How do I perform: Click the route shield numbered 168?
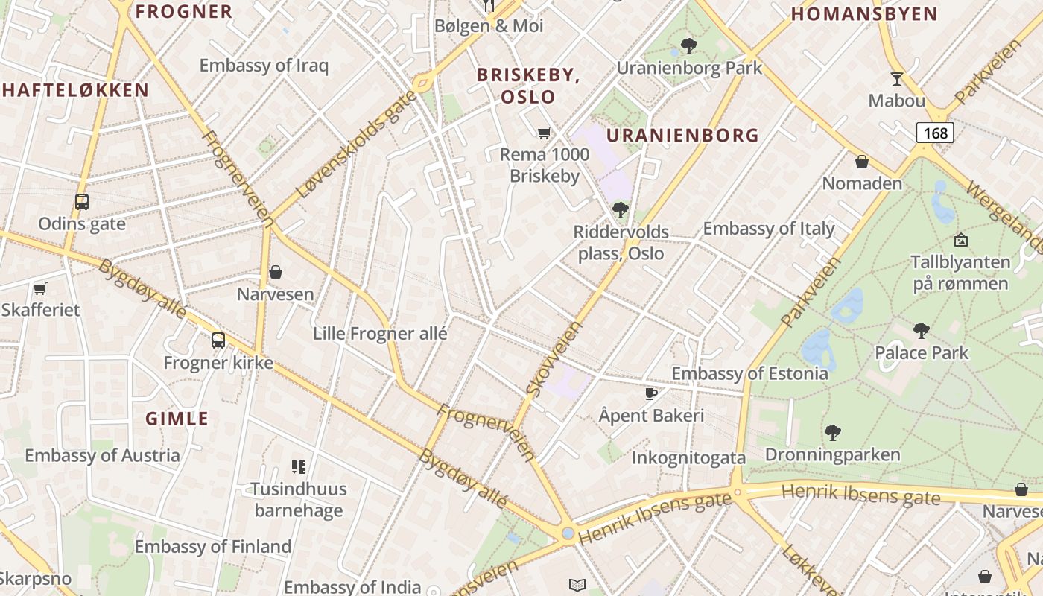point(935,133)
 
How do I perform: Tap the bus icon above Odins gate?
point(82,201)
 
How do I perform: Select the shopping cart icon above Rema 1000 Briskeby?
point(545,133)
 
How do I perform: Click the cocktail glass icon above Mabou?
point(896,78)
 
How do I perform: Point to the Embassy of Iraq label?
point(264,65)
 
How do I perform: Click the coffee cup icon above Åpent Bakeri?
point(651,393)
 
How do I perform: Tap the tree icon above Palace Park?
point(922,330)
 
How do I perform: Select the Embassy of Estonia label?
point(749,373)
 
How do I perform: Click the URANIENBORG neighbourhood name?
point(682,136)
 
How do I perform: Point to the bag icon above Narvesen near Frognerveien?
point(276,272)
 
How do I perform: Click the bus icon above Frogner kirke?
point(218,340)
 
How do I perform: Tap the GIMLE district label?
point(177,419)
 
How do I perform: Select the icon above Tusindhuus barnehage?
point(299,467)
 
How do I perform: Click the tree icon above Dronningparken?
point(832,432)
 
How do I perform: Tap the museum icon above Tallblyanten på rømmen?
point(961,240)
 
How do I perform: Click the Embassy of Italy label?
point(769,229)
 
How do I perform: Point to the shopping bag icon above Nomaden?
point(862,161)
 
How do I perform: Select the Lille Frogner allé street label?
point(380,333)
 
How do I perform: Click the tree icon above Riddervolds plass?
point(620,210)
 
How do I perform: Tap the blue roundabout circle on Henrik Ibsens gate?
point(568,533)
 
